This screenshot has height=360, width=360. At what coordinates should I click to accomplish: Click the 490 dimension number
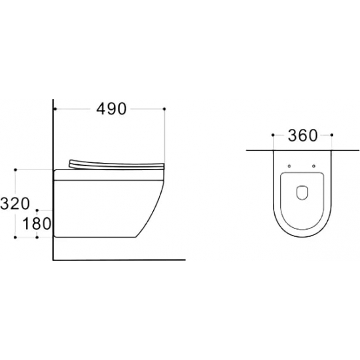pyautogui.click(x=111, y=109)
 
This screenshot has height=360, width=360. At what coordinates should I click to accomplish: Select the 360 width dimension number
pyautogui.click(x=302, y=135)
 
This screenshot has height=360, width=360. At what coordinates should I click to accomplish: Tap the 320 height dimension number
pyautogui.click(x=15, y=204)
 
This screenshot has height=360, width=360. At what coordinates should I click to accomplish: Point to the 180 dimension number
pyautogui.click(x=37, y=224)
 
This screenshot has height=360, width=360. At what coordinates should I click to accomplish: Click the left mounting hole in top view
pyautogui.click(x=289, y=166)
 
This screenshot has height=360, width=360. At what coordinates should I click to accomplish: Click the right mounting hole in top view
pyautogui.click(x=314, y=166)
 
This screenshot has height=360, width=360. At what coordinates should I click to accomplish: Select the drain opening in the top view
pyautogui.click(x=302, y=192)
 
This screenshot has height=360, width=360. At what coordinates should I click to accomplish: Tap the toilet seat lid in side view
pyautogui.click(x=117, y=164)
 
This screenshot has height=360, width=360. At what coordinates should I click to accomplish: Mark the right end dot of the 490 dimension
pyautogui.click(x=164, y=109)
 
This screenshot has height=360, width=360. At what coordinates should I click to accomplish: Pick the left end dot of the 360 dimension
pyautogui.click(x=273, y=135)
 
